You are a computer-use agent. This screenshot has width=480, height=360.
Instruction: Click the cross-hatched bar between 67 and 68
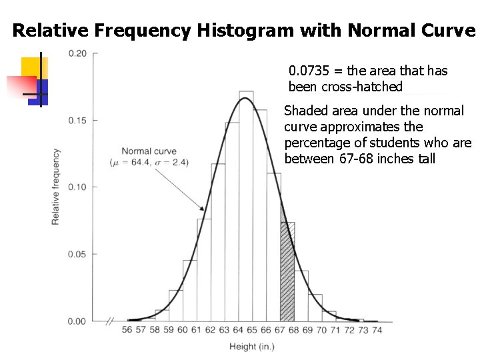[x=287, y=273]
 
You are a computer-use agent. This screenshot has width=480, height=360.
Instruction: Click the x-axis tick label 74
[x=377, y=330]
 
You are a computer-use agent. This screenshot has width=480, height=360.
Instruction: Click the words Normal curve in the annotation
[x=149, y=151]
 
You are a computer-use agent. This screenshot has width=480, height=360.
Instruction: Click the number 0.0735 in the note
[x=305, y=71]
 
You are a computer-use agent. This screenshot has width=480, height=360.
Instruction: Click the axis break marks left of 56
[x=110, y=321]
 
